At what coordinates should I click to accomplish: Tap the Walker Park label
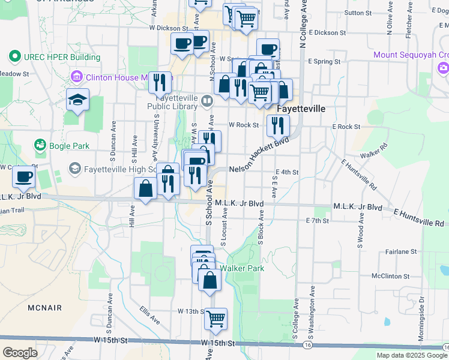click(x=242, y=268)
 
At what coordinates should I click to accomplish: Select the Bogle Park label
click(x=70, y=146)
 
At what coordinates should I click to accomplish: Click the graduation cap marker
click(x=77, y=100)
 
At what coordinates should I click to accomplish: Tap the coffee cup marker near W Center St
click(x=23, y=177)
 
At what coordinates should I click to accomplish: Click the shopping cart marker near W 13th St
click(x=215, y=319)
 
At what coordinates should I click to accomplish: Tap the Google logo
click(x=20, y=353)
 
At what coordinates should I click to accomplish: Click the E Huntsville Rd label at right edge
click(x=419, y=217)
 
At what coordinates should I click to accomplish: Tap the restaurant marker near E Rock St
click(x=277, y=126)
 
